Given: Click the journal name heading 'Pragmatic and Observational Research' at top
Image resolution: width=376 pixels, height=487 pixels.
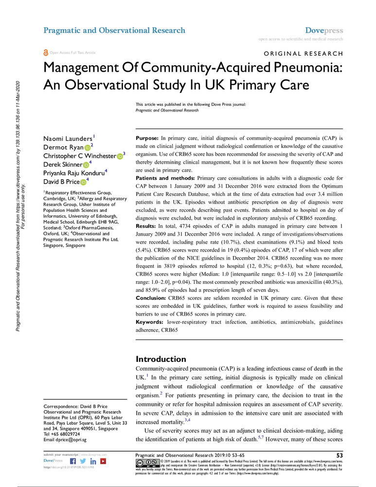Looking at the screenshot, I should click(x=114, y=30).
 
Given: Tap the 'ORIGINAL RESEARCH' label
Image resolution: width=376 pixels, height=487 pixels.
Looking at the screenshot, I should click(x=303, y=54).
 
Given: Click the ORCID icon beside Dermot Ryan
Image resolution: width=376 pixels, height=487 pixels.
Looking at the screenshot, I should click(x=87, y=147).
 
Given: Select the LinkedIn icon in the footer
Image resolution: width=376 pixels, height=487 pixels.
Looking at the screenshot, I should click(x=92, y=461).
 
